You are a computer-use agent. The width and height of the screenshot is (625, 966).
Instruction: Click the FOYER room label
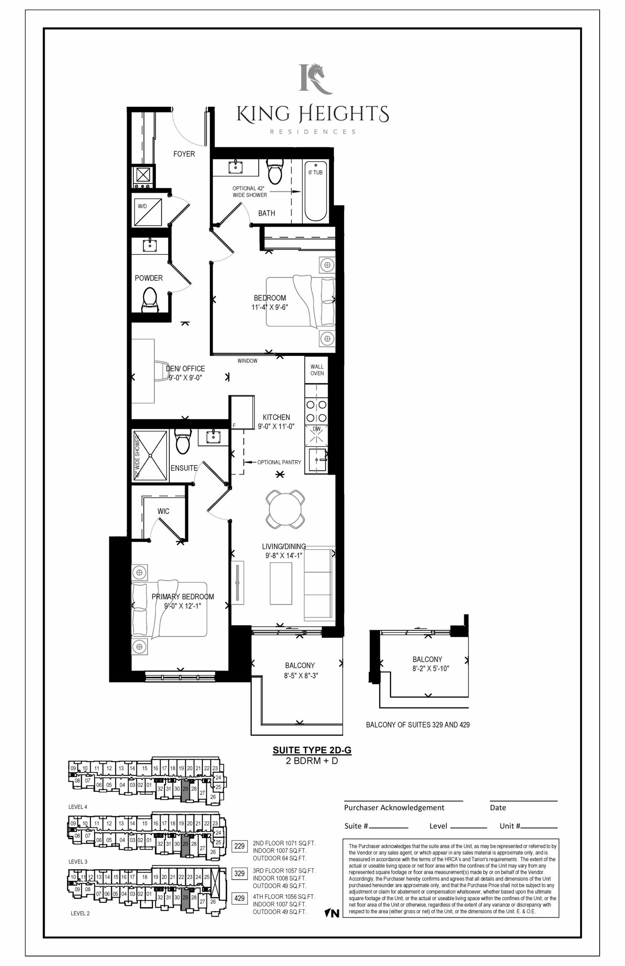pyautogui.click(x=184, y=154)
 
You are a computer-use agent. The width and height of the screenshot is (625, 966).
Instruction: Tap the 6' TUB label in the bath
pyautogui.click(x=315, y=172)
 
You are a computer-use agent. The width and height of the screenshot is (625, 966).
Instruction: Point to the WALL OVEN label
pyautogui.click(x=317, y=370)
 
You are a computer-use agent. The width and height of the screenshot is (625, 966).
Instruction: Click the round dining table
pyautogui.click(x=285, y=509)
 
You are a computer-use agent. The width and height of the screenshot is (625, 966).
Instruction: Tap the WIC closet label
pyautogui.click(x=164, y=511)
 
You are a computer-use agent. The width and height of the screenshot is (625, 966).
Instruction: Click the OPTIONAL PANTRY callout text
pyautogui.click(x=279, y=462)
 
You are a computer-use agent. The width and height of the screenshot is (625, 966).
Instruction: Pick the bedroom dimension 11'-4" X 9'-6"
pyautogui.click(x=270, y=307)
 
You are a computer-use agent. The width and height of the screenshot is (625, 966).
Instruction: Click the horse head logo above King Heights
pyautogui.click(x=316, y=79)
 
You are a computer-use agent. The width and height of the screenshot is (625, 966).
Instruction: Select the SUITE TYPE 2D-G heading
pyautogui.click(x=312, y=750)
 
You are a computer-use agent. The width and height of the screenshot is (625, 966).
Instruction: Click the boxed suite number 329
pyautogui.click(x=239, y=873)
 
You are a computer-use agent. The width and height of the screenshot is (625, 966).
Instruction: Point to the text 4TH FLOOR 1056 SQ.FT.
pyautogui.click(x=284, y=896)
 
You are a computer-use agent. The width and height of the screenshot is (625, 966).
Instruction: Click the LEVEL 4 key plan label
pyautogui.click(x=77, y=807)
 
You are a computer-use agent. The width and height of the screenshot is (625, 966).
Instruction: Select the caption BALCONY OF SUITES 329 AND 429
pyautogui.click(x=418, y=725)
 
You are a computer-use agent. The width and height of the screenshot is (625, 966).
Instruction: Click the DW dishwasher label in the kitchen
pyautogui.click(x=316, y=429)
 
